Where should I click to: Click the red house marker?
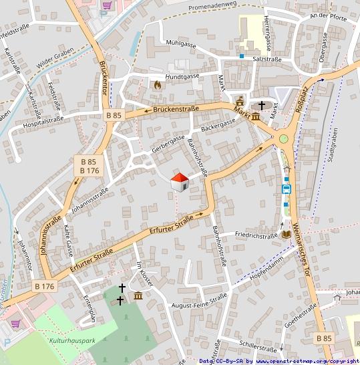pos(179,181)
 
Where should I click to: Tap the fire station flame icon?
pos(157,85)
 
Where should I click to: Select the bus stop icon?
pos(287,189)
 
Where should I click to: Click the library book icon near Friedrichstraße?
pos(286,235)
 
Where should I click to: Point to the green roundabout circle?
pos(284,139)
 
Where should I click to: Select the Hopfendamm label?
pos(266,267)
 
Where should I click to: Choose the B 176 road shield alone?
pos(44,286)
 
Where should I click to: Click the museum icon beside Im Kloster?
pos(138,296)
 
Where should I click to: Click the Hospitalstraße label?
pos(41,120)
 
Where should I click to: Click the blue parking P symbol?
pos(7,342)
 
